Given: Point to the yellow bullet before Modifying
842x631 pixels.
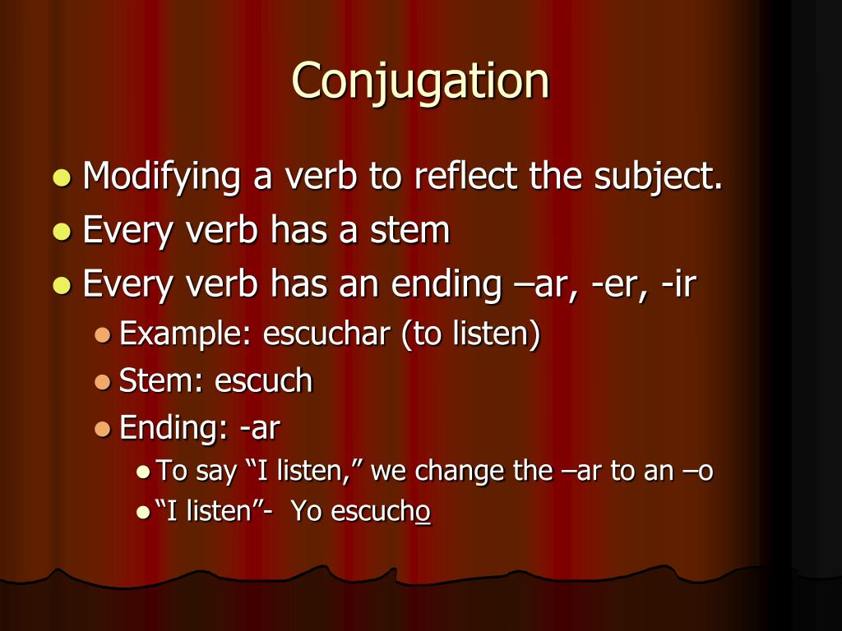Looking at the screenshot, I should click(x=62, y=178).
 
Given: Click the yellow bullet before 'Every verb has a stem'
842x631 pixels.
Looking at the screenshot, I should click(x=62, y=232).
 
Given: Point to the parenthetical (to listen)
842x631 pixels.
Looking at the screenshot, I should click(x=470, y=334).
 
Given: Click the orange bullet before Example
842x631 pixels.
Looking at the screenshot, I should click(x=102, y=335).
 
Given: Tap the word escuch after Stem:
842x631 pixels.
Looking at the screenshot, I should click(x=264, y=381).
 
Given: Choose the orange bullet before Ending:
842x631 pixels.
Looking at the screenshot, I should click(x=102, y=429).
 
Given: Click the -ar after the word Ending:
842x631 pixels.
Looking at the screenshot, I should click(x=261, y=429).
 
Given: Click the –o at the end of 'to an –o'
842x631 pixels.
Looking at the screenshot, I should click(x=699, y=472).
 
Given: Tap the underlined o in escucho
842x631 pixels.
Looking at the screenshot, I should click(x=423, y=513).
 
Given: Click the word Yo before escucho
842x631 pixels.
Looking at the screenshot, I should click(x=306, y=512).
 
